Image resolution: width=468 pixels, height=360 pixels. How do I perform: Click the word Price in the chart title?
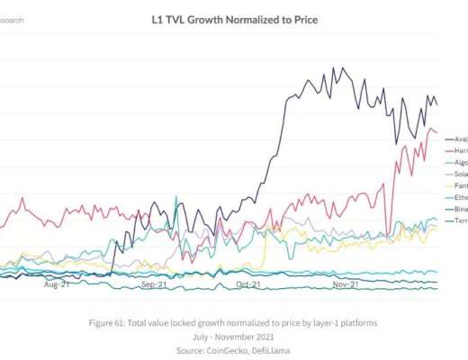point(301,18)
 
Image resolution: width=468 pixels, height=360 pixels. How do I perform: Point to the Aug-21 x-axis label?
point(57,284)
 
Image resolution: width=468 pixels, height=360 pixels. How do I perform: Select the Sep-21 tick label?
point(156,284)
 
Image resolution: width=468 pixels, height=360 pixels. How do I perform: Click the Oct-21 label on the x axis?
point(248,284)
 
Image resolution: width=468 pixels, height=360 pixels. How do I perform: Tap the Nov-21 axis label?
point(346,284)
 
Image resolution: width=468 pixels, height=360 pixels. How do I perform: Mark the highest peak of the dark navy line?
point(336,67)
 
